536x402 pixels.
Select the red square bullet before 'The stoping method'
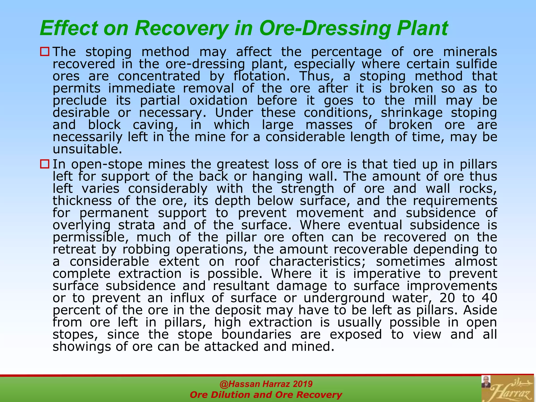pyautogui.click(x=45, y=51)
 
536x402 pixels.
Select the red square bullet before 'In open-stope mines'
pyautogui.click(x=45, y=164)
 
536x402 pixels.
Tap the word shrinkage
pyautogui.click(x=411, y=113)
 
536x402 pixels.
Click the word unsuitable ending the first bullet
pyautogui.click(x=87, y=149)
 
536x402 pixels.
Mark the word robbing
pyautogui.click(x=146, y=249)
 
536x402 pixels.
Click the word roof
pyautogui.click(x=247, y=261)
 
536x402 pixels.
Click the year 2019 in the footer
pyautogui.click(x=303, y=384)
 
